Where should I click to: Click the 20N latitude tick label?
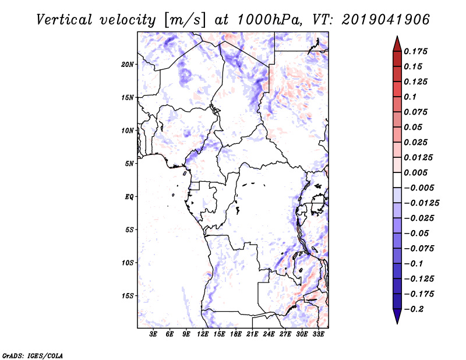click(128, 64)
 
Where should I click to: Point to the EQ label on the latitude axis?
click(129, 197)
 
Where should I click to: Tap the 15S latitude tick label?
click(128, 296)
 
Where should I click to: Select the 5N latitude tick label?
click(129, 164)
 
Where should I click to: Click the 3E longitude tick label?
click(154, 334)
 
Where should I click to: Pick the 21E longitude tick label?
click(253, 334)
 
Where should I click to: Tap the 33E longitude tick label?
click(318, 334)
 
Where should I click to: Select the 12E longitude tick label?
click(203, 334)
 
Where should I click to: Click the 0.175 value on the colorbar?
click(416, 51)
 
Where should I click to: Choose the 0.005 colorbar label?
click(416, 173)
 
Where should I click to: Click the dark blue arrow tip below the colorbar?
click(397, 319)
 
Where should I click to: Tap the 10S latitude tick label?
click(128, 263)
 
